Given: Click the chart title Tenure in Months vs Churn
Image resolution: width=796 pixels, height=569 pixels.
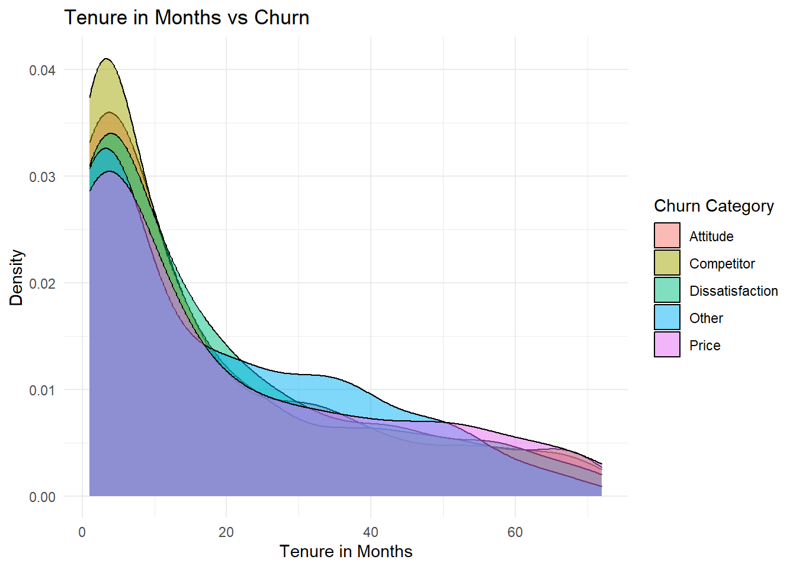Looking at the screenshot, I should pyautogui.click(x=187, y=17).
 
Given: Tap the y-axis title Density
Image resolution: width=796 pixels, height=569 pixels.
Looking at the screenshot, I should pyautogui.click(x=17, y=277).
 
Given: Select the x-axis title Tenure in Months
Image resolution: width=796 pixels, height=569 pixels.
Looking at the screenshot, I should pyautogui.click(x=346, y=551).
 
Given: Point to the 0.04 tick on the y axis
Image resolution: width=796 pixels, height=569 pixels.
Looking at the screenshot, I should pyautogui.click(x=42, y=70).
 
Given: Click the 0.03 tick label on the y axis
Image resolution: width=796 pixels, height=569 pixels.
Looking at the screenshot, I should pyautogui.click(x=42, y=177).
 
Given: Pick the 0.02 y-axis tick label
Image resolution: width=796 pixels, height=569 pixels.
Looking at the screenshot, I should pyautogui.click(x=42, y=283).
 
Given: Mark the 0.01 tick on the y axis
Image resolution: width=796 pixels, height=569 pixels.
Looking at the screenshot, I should pyautogui.click(x=42, y=390).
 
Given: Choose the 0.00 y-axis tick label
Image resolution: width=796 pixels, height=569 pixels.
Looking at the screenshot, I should pyautogui.click(x=42, y=497).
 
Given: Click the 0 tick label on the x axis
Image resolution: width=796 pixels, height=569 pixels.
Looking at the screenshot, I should pyautogui.click(x=82, y=532).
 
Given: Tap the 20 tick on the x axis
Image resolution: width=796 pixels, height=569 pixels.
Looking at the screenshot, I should pyautogui.click(x=226, y=532).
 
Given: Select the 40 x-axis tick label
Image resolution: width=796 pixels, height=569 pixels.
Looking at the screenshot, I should pyautogui.click(x=371, y=532).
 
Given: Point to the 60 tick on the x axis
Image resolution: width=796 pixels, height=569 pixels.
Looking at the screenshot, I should pyautogui.click(x=515, y=532).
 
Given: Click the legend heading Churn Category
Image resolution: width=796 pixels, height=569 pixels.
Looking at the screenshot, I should pyautogui.click(x=714, y=206).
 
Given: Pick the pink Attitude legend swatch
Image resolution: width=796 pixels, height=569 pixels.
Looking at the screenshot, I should pyautogui.click(x=667, y=236).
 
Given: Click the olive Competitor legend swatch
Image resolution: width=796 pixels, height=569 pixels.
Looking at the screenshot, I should pyautogui.click(x=667, y=263).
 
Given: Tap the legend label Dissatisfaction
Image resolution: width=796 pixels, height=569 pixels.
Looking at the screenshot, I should pyautogui.click(x=733, y=291).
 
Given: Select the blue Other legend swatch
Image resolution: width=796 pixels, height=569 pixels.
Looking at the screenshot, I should pyautogui.click(x=667, y=318).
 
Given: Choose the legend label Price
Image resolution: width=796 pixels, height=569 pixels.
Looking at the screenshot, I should pyautogui.click(x=705, y=346).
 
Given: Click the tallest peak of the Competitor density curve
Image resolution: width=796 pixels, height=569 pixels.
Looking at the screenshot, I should pyautogui.click(x=107, y=59).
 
